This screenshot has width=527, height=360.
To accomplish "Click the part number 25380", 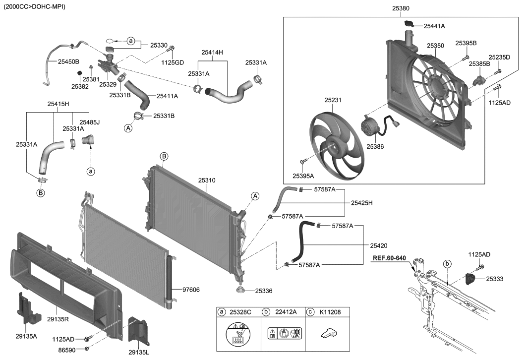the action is point(401,8).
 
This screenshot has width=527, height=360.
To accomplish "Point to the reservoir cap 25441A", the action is point(409,24).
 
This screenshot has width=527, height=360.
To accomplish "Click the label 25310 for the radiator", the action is point(207,180).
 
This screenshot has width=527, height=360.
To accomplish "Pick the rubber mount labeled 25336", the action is point(240,291).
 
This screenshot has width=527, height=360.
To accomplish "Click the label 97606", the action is point(191,290).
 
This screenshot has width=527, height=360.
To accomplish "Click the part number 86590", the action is point(67,350).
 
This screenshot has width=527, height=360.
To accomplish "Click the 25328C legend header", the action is point(240,312).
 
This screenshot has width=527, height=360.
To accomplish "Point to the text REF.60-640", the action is point(389,258).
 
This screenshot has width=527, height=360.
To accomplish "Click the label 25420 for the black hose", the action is point(379,246).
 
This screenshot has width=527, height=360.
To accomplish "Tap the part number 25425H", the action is point(361,203).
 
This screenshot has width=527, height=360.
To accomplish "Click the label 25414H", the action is point(212,53).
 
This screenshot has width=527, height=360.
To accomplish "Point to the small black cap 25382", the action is point(80,73).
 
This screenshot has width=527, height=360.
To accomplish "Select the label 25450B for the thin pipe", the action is point(68,62).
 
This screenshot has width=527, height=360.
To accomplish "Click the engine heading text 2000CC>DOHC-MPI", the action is point(34,6).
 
